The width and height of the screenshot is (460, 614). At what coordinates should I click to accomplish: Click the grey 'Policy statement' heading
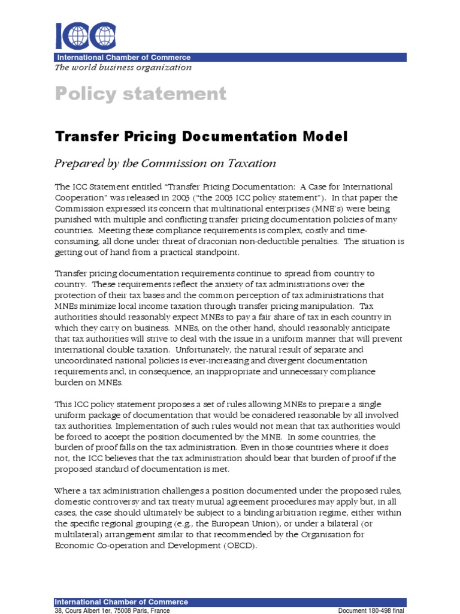[141, 94]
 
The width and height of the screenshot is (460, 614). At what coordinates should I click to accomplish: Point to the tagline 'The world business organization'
[123, 68]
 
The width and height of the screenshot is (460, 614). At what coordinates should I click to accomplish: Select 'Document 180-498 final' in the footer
[371, 610]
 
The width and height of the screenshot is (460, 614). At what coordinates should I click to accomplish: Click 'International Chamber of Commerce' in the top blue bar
[123, 58]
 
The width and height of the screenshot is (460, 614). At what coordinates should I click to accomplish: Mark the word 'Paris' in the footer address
[146, 610]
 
